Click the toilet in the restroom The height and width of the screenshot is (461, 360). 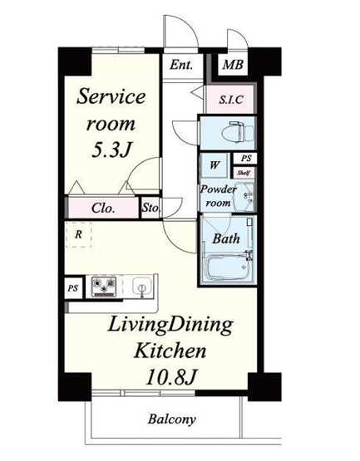tap(238, 131)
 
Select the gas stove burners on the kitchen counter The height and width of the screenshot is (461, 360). tap(104, 286)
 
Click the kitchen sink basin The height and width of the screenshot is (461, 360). tap(142, 286)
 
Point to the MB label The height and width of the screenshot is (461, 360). tap(233, 65)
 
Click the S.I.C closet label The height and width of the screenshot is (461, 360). tap(231, 100)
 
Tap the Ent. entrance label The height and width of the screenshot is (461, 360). tap(181, 65)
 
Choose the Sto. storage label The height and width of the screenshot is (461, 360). tap(151, 208)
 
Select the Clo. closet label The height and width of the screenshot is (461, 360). tap(103, 208)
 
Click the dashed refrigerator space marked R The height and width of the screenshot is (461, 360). tap(79, 234)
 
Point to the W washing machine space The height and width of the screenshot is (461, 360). tap(214, 165)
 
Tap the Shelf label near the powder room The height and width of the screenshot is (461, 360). tap(244, 173)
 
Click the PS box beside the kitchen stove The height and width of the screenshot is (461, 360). tap(73, 288)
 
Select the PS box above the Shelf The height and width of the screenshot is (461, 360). tap(246, 159)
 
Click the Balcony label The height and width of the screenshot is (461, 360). tap(172, 419)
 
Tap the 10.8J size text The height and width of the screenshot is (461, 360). tap(170, 377)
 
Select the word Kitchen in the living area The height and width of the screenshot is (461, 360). tap(170, 351)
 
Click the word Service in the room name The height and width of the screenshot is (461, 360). tap(111, 96)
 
